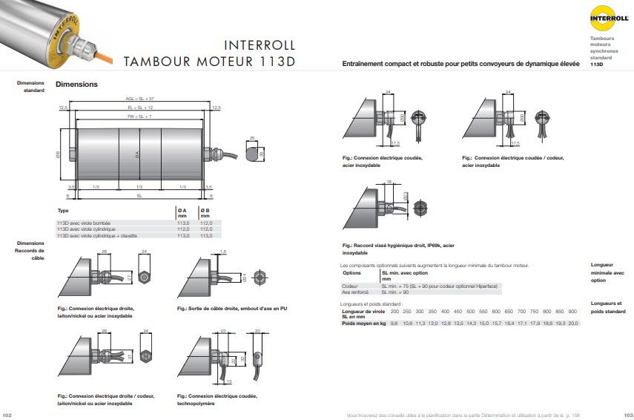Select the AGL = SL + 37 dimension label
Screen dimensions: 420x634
pyautogui.click(x=139, y=98)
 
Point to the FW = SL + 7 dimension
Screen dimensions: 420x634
pyautogui.click(x=139, y=117)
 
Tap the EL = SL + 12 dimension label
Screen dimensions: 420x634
pyautogui.click(x=139, y=108)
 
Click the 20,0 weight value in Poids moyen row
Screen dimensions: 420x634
pyautogui.click(x=572, y=324)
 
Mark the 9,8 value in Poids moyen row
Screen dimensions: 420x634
pyautogui.click(x=394, y=324)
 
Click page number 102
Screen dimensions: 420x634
pyautogui.click(x=8, y=414)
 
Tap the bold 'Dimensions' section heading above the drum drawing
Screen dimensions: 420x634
pyautogui.click(x=76, y=85)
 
